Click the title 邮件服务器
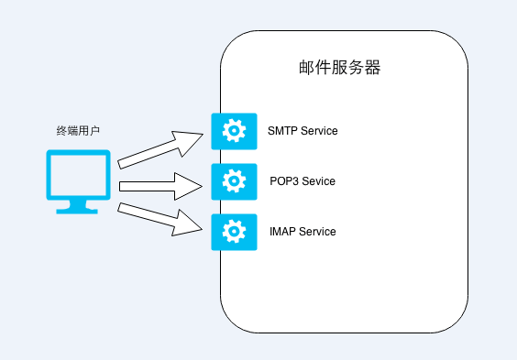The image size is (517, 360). pyautogui.click(x=339, y=68)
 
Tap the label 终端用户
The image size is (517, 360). pyautogui.click(x=78, y=131)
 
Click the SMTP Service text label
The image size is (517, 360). pyautogui.click(x=302, y=131)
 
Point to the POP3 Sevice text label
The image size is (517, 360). pyautogui.click(x=302, y=181)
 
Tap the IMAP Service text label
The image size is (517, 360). pyautogui.click(x=302, y=232)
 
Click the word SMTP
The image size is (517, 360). pyautogui.click(x=282, y=131)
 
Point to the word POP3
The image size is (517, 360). pyautogui.click(x=284, y=181)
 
